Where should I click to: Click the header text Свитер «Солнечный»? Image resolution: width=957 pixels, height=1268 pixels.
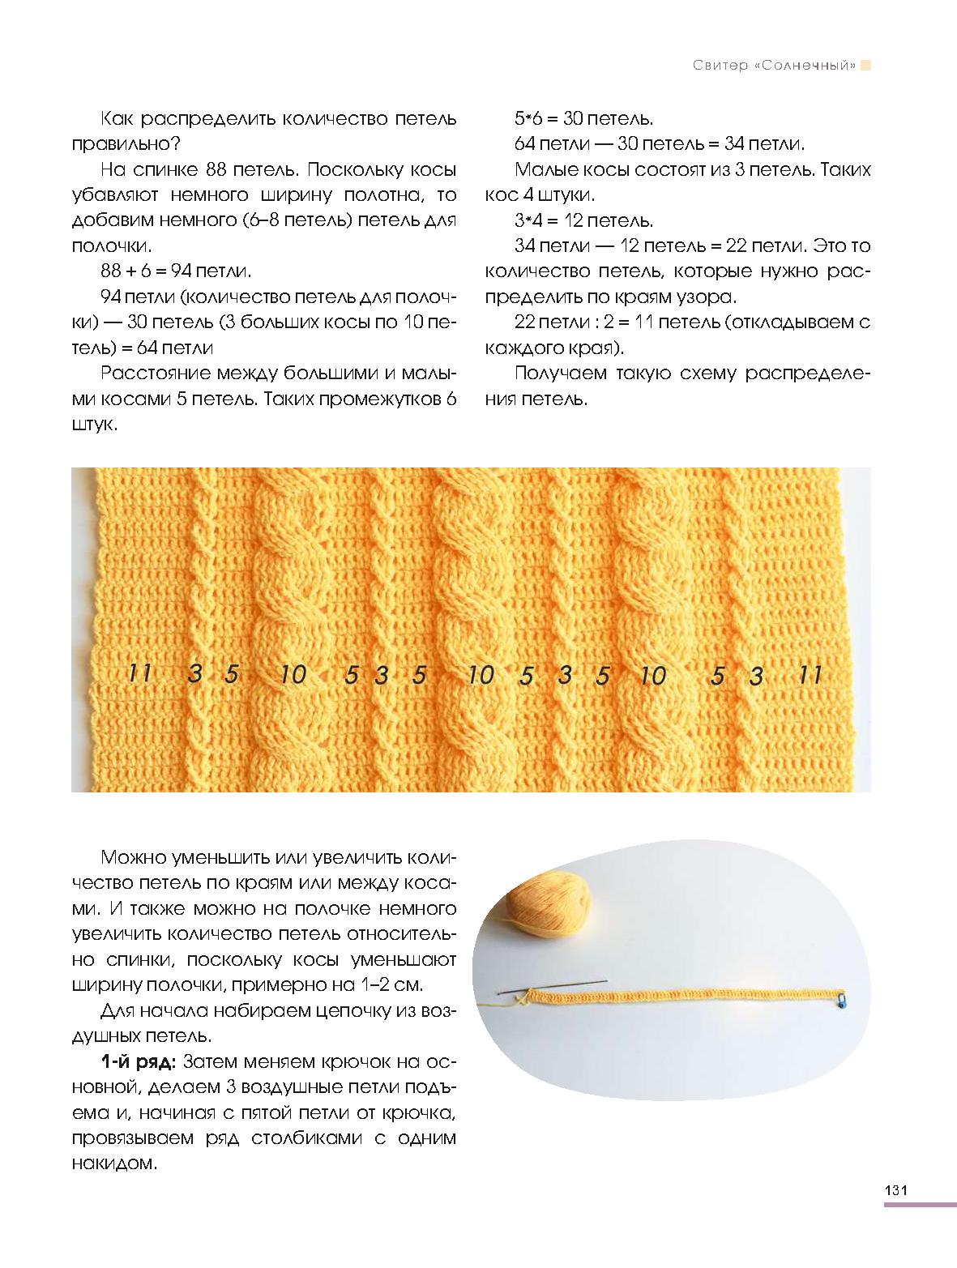(x=774, y=66)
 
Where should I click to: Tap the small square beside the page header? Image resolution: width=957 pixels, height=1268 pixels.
(x=865, y=66)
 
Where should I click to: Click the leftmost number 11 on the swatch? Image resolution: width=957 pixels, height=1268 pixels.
(x=139, y=672)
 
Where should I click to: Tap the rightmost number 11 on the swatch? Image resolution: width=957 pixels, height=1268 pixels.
(x=810, y=674)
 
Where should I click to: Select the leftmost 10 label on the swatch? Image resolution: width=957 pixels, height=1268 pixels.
(x=293, y=674)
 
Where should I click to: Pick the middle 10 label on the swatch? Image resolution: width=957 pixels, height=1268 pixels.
(x=481, y=674)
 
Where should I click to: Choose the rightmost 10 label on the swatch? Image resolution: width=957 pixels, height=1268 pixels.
(x=652, y=675)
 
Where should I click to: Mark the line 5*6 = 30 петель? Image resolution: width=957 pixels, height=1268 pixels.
(x=583, y=118)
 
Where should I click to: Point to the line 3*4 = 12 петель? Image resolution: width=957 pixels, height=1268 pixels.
(x=583, y=220)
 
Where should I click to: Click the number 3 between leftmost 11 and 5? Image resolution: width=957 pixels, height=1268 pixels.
(x=194, y=672)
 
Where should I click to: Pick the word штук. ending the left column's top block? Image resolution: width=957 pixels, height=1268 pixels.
(x=95, y=425)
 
